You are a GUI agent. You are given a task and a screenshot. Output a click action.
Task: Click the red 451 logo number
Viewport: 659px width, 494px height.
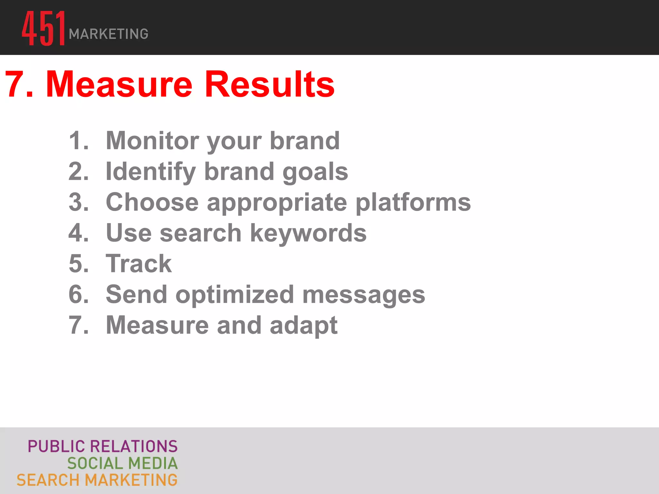point(44,28)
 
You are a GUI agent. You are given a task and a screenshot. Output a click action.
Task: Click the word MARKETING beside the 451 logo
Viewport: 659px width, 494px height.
point(108,34)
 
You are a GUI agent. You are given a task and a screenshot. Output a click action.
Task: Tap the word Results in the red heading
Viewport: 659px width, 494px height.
point(270,84)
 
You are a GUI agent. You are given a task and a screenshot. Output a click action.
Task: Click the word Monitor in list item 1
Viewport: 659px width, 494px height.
point(152,141)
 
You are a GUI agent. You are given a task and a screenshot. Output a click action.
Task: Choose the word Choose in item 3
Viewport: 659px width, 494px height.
point(152,202)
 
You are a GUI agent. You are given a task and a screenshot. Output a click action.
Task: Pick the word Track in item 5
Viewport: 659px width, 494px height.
point(139,264)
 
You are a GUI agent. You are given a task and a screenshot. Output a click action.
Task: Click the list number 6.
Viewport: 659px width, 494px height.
point(78,294)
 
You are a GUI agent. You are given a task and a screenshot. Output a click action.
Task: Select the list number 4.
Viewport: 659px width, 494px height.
point(78,233)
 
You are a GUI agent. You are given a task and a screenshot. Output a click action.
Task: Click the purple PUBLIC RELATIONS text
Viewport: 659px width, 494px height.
point(103,446)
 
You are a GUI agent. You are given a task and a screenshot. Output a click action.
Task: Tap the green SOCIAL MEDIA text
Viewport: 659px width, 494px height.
point(122,463)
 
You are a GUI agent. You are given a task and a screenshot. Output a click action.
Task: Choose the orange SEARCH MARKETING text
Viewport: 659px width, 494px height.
point(97,480)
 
